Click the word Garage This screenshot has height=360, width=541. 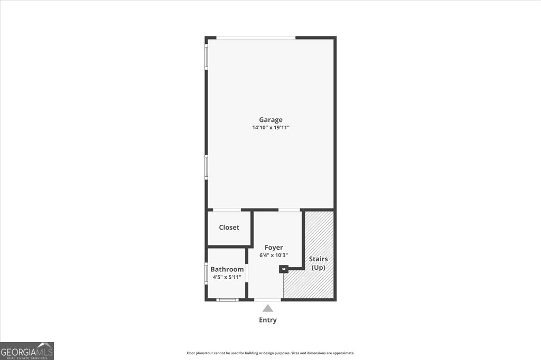click(x=270, y=120)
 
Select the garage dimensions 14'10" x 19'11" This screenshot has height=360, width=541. click(x=270, y=128)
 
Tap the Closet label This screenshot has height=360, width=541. click(x=229, y=228)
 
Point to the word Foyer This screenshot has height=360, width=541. click(x=274, y=248)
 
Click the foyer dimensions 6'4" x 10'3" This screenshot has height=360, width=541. click(x=274, y=255)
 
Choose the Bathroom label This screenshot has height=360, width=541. click(x=227, y=269)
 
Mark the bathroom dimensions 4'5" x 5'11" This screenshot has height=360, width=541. click(x=227, y=277)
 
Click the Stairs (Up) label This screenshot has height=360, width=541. click(x=318, y=263)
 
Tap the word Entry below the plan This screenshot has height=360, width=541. click(x=268, y=320)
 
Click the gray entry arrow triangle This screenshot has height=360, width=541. click(x=268, y=308)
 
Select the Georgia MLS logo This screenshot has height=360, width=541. click(x=27, y=350)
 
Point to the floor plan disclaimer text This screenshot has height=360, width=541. click(x=270, y=353)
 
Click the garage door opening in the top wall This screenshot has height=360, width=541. click(x=256, y=37)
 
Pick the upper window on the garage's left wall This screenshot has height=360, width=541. click(x=207, y=56)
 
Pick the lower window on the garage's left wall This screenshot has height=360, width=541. click(x=207, y=167)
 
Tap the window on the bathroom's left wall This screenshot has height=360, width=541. click(x=207, y=273)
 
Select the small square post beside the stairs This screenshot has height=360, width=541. click(x=283, y=269)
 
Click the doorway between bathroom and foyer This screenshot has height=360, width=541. click(x=247, y=273)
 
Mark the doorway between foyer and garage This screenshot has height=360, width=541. click(x=289, y=210)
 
